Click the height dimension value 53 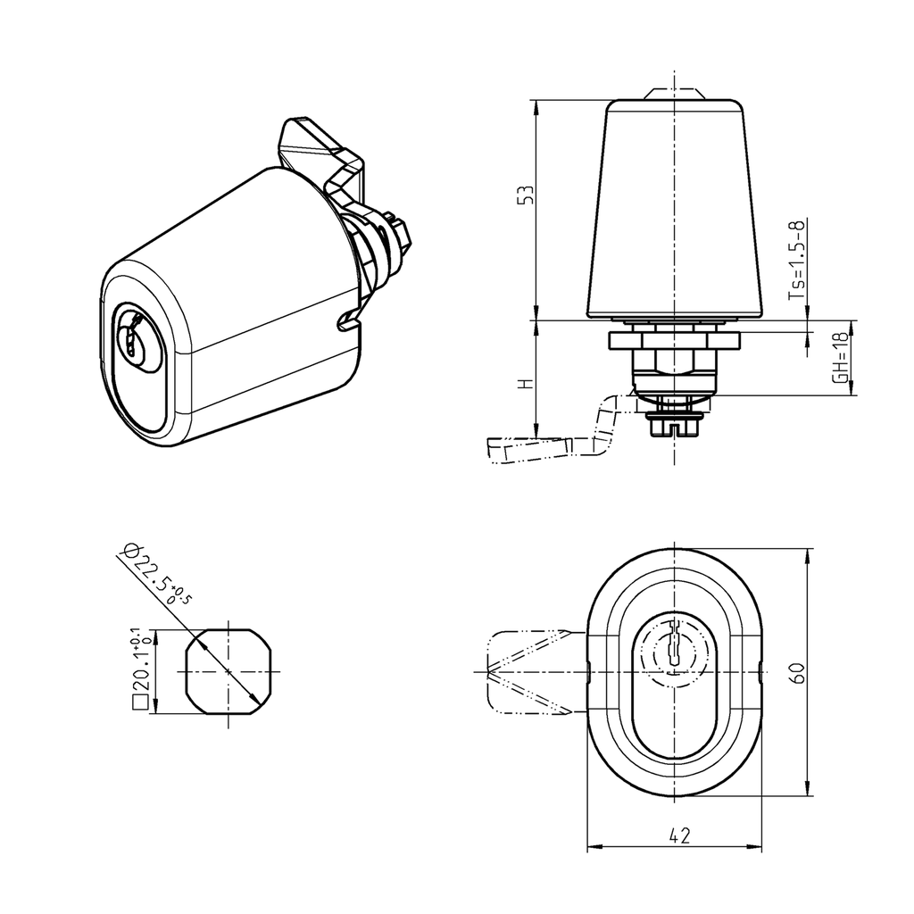[x=528, y=195]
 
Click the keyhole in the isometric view [x=134, y=343]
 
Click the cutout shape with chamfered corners [x=228, y=671]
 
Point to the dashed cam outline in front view [x=527, y=671]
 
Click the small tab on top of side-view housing [x=674, y=93]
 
